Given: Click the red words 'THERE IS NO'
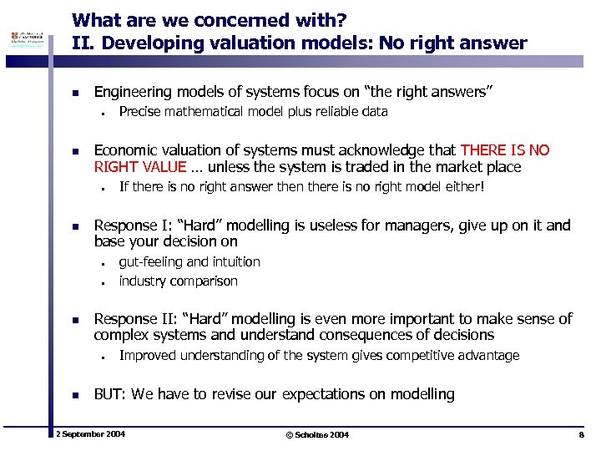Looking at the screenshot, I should coord(505,150).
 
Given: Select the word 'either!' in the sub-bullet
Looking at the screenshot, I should coord(464,187).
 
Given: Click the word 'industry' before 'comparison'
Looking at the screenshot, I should coord(142,281).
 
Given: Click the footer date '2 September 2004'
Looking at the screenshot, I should coord(90,435).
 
